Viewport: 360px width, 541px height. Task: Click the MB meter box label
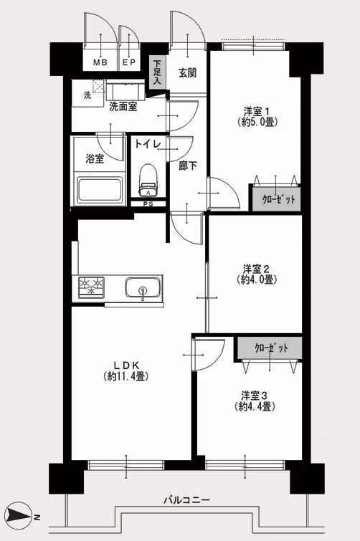[100, 62]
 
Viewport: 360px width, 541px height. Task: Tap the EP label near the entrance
[129, 62]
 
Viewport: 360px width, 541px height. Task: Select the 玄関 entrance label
[187, 73]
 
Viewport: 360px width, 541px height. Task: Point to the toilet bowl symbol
[148, 179]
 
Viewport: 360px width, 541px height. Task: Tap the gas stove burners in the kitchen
[92, 287]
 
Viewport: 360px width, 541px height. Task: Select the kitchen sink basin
[143, 287]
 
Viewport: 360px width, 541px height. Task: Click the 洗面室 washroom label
[123, 107]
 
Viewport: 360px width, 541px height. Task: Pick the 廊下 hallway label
[188, 166]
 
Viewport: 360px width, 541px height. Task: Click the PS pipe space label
[148, 204]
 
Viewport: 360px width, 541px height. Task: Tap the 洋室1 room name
[256, 112]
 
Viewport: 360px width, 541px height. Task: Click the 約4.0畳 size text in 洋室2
[257, 279]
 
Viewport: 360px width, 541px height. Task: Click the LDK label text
[126, 365]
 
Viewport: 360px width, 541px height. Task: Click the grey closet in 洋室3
[270, 348]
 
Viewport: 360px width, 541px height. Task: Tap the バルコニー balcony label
[186, 499]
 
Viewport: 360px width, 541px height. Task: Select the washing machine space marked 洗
[87, 93]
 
